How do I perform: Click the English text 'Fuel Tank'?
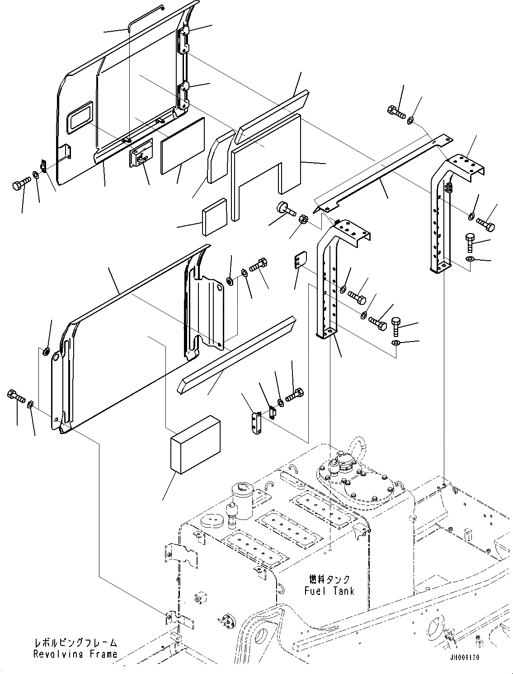pos(329,590)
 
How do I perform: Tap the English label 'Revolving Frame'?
pos(75,654)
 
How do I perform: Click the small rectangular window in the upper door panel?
pos(80,117)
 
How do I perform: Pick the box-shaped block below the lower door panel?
pos(194,445)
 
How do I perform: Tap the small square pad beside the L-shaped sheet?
pos(215,217)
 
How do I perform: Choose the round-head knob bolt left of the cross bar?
pos(284,209)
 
